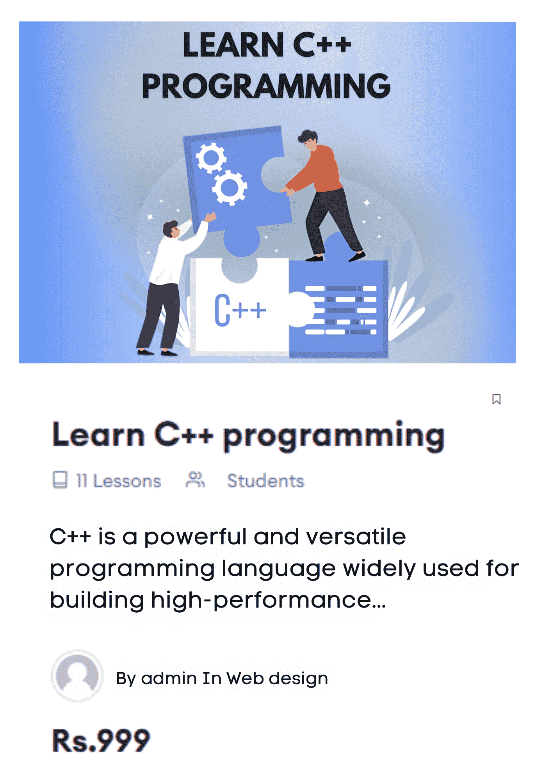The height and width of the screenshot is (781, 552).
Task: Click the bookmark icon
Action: click(x=496, y=399)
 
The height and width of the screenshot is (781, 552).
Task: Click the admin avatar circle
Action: click(x=77, y=676)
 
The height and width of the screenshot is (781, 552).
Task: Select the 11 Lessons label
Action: click(x=119, y=481)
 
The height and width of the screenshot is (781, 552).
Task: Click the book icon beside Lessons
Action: click(x=60, y=480)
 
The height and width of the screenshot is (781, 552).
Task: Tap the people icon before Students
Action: click(x=195, y=480)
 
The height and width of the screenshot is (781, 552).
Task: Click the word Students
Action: click(x=265, y=481)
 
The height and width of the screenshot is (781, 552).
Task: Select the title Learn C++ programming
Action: click(x=248, y=436)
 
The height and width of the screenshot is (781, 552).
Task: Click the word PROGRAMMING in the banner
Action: click(x=266, y=86)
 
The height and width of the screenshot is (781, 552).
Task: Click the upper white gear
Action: click(x=211, y=157)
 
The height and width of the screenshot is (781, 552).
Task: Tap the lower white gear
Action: click(x=230, y=188)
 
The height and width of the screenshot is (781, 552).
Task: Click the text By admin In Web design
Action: click(x=222, y=679)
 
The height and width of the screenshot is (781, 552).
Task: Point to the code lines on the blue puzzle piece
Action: click(x=340, y=310)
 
